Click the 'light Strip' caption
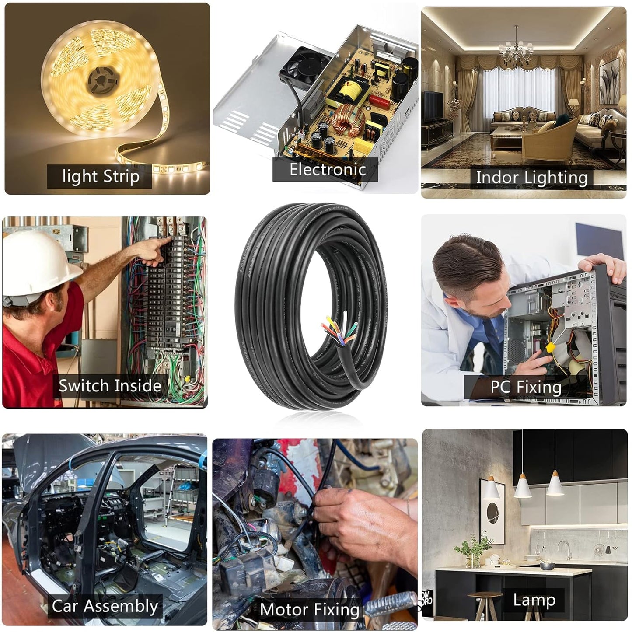(100, 176)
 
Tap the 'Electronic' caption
(327, 169)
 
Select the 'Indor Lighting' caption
(531, 178)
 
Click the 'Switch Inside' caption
(110, 386)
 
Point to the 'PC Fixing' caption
(525, 387)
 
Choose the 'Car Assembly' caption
(105, 606)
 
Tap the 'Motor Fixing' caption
(309, 609)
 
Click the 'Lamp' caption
(534, 600)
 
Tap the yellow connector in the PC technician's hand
(550, 348)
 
